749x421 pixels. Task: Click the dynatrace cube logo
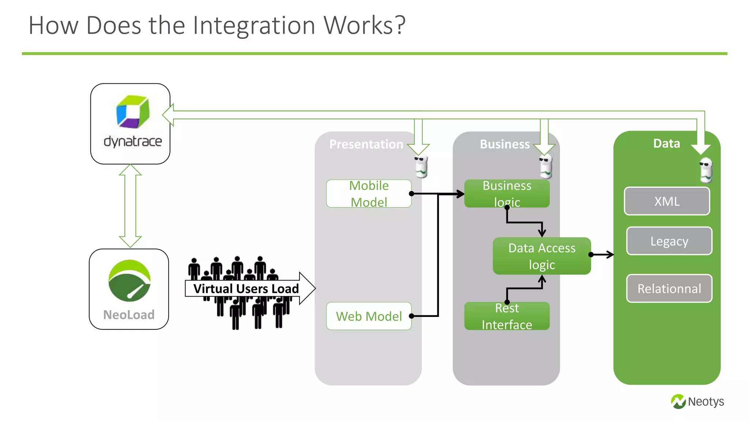tap(133, 112)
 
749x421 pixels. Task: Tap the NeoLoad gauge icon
tap(129, 281)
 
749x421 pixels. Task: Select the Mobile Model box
tap(369, 194)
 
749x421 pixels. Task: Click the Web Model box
tap(369, 316)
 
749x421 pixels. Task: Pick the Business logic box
tap(507, 193)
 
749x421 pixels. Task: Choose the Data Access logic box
tap(542, 256)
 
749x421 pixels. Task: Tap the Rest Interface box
tap(507, 316)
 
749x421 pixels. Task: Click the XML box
tap(667, 201)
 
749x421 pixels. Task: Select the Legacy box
tap(669, 241)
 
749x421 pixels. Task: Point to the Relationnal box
tap(669, 289)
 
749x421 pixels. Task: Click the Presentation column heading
tap(366, 144)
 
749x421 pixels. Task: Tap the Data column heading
tap(666, 144)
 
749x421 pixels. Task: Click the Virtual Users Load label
tap(246, 289)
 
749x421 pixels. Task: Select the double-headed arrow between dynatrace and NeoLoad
tap(130, 206)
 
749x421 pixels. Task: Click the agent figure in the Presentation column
tap(421, 167)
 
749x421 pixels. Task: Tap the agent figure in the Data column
tap(706, 170)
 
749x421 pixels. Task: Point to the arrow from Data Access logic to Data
tap(603, 254)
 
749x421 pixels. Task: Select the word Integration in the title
tap(254, 26)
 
